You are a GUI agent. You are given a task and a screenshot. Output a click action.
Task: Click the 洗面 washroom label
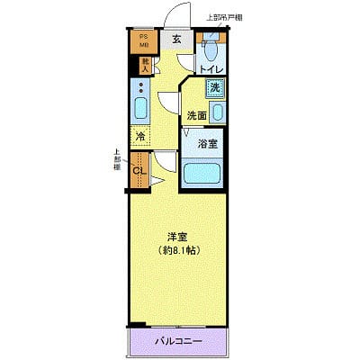tap(197, 115)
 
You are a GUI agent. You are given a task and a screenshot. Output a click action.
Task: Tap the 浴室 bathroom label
tap(206, 142)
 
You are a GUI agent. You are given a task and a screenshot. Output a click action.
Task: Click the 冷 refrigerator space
tap(140, 137)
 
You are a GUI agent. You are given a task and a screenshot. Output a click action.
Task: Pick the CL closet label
tap(139, 171)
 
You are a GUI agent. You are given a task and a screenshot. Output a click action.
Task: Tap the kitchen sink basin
tap(140, 111)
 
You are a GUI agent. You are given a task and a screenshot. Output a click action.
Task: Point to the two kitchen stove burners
tap(140, 89)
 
